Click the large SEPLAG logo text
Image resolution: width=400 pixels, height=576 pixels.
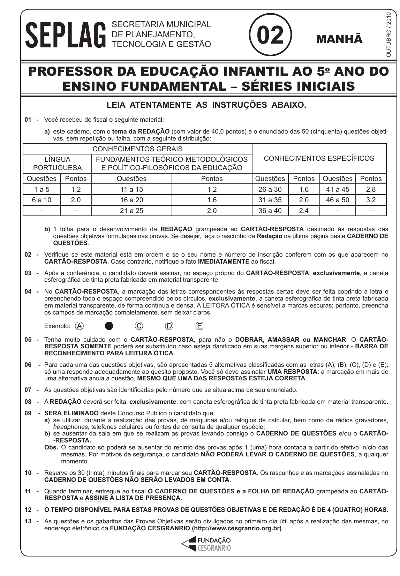[x=66, y=35]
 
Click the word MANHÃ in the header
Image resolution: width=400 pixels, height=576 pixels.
[x=339, y=39]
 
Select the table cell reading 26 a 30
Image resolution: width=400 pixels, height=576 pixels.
[x=270, y=189]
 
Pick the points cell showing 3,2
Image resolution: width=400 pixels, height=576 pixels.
[x=371, y=200]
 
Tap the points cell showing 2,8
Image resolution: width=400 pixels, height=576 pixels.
[x=371, y=189]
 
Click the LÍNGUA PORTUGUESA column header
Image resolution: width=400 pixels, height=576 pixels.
[x=57, y=164]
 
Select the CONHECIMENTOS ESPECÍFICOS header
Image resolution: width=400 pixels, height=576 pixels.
[x=319, y=158]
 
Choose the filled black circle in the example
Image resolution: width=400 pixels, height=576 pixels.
[x=109, y=326]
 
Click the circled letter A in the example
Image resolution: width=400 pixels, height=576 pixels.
[x=80, y=326]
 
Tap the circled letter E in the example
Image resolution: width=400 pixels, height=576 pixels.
[x=199, y=326]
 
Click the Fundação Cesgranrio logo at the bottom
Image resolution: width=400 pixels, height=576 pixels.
[x=206, y=544]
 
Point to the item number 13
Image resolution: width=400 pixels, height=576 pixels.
[x=28, y=521]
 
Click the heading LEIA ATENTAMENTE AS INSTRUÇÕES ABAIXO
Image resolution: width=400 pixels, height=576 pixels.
[x=206, y=105]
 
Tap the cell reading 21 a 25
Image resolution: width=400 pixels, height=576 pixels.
[x=131, y=211]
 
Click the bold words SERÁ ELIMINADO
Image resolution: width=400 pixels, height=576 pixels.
[x=71, y=413]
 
